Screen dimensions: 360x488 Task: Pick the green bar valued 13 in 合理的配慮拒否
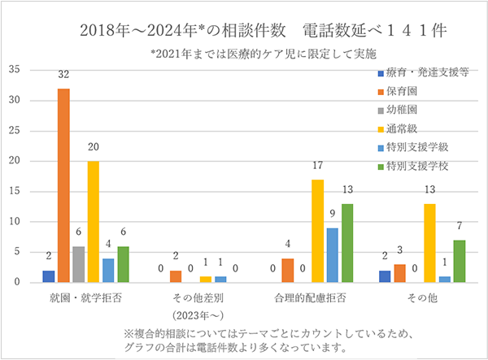click(x=348, y=243)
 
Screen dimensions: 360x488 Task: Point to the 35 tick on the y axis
click(x=15, y=70)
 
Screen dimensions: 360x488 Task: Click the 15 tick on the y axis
click(x=15, y=191)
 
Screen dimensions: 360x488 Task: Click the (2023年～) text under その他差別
click(x=198, y=314)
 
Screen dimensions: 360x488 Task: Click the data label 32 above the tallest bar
click(x=63, y=76)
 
